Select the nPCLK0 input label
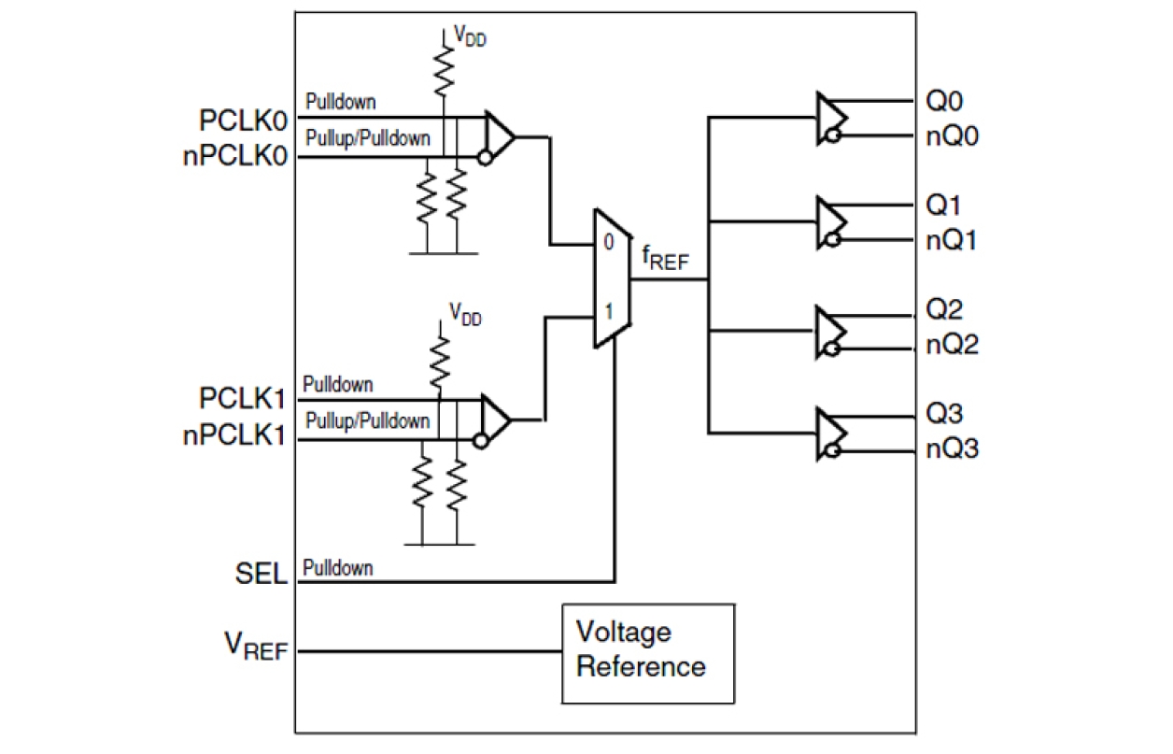click(233, 157)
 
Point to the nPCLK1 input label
click(233, 436)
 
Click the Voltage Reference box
click(647, 652)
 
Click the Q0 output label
click(943, 101)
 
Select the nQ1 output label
click(952, 241)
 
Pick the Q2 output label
click(943, 309)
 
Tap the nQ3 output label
click(952, 450)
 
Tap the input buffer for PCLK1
click(495, 420)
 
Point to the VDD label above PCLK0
click(469, 36)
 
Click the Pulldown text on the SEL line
click(338, 568)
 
